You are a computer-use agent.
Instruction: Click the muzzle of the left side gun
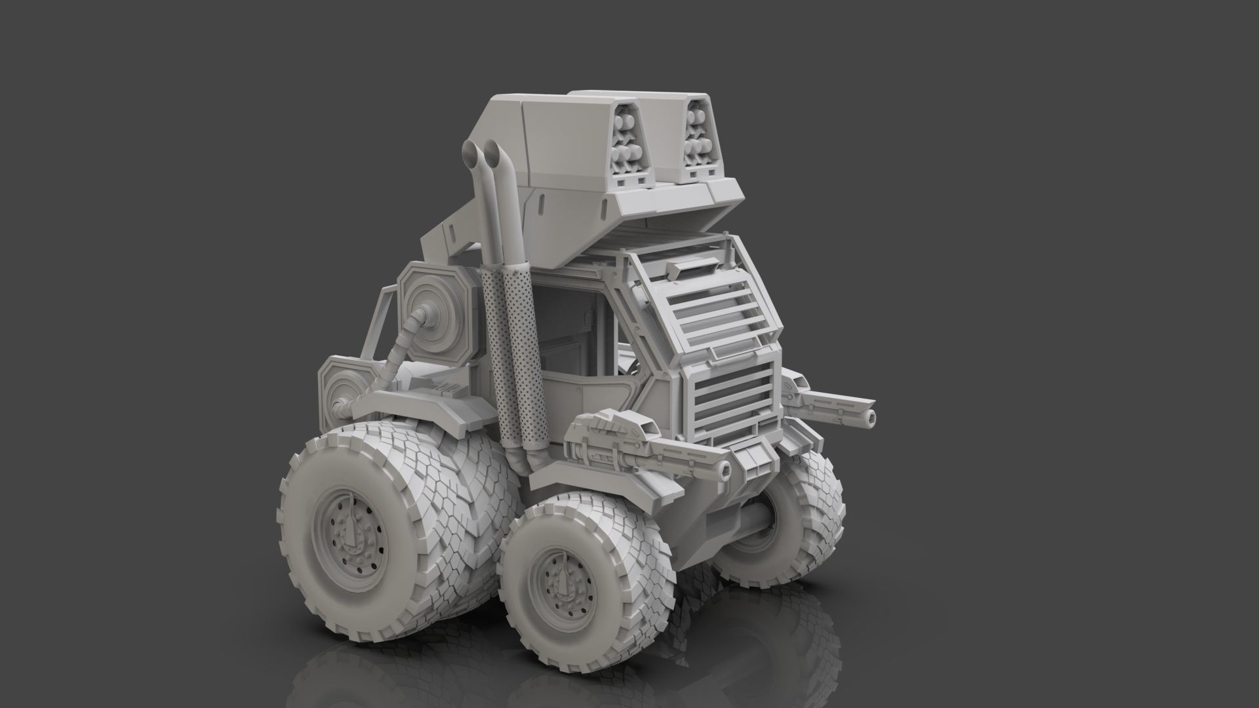tap(723, 468)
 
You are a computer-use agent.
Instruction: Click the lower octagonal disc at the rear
tap(338, 393)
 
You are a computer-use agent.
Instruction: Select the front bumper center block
tap(754, 459)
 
